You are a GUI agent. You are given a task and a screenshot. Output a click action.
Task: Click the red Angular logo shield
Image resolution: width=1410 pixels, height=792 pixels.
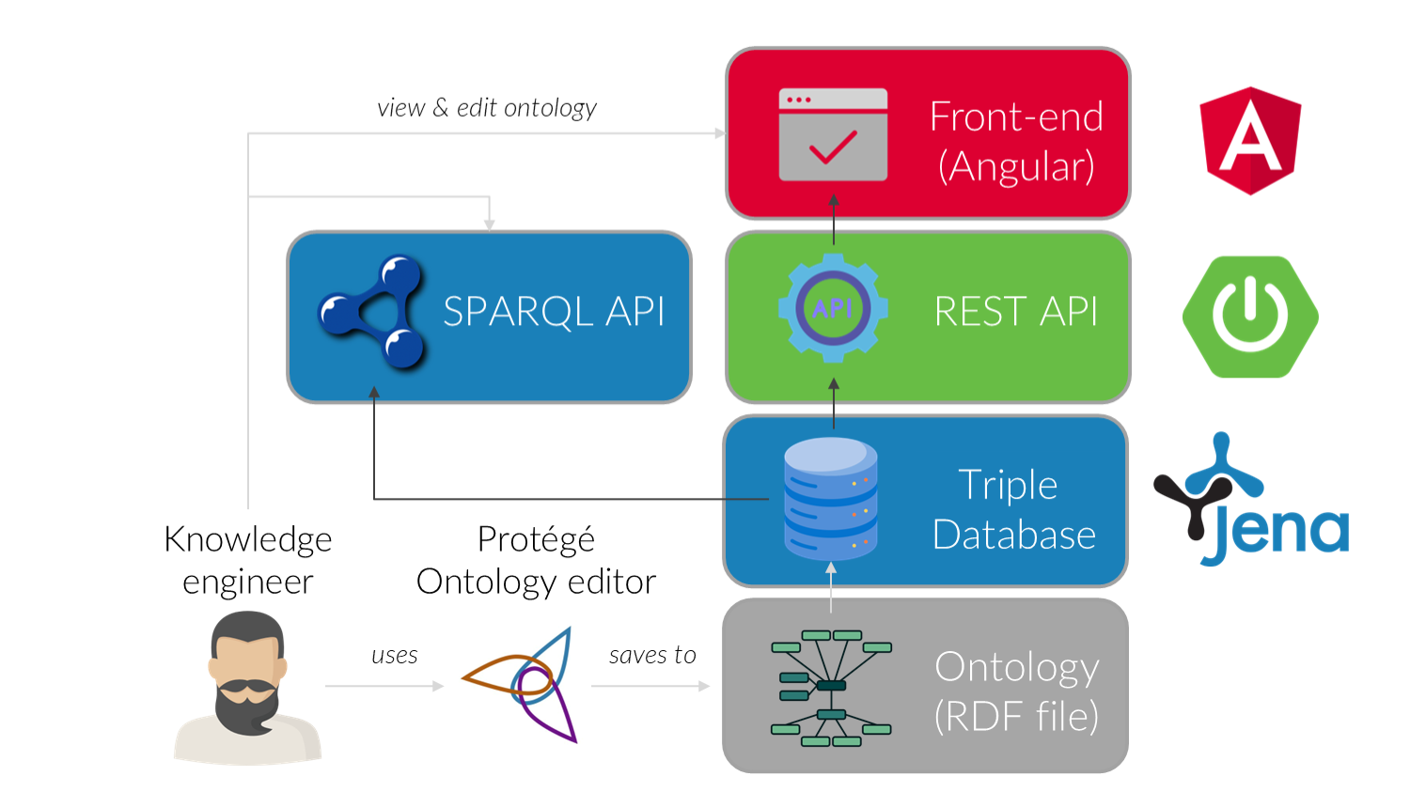click(x=1250, y=141)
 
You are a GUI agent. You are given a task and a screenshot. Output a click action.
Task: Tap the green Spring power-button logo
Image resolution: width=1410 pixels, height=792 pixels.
click(x=1250, y=317)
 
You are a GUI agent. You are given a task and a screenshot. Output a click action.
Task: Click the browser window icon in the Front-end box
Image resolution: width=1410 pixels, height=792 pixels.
click(x=833, y=134)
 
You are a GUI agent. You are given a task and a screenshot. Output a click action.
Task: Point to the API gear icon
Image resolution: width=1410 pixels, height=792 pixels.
click(x=833, y=308)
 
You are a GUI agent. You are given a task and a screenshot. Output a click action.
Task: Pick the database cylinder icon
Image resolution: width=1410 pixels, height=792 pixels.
click(x=831, y=499)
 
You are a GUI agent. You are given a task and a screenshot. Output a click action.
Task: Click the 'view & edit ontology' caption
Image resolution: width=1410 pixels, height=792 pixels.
click(x=487, y=108)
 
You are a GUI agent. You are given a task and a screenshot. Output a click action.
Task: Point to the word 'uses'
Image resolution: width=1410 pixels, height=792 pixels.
click(x=394, y=655)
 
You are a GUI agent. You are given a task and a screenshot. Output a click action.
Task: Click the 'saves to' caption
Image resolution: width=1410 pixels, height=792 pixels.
click(x=652, y=655)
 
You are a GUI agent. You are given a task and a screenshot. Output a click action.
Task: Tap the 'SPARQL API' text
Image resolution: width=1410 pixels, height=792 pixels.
click(x=554, y=311)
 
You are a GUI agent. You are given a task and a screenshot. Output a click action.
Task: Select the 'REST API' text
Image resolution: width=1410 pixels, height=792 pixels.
click(x=1015, y=311)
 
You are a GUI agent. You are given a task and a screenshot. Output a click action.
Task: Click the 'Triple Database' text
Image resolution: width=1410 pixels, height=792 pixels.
click(x=1013, y=509)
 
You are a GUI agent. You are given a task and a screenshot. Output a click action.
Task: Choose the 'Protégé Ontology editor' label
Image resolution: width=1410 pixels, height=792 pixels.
click(x=536, y=560)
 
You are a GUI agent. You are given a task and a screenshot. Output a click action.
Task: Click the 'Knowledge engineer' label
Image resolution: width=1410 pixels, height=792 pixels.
click(x=248, y=560)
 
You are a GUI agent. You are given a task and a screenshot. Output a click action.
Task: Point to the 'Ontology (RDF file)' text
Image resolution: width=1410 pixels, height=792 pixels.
click(x=1016, y=691)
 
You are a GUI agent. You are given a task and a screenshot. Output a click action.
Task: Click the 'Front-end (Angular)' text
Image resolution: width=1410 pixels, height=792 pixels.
click(x=1016, y=141)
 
